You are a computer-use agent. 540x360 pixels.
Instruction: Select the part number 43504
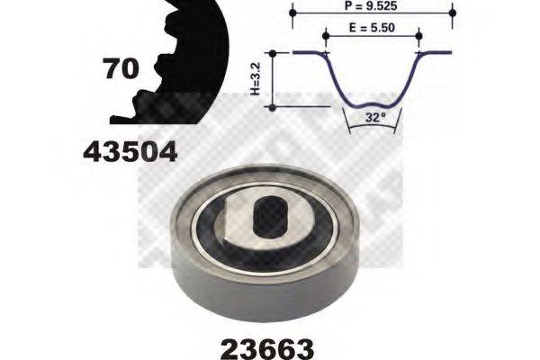130,152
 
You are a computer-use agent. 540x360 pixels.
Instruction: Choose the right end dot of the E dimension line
419,36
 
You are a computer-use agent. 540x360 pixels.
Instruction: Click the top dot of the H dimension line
272,53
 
